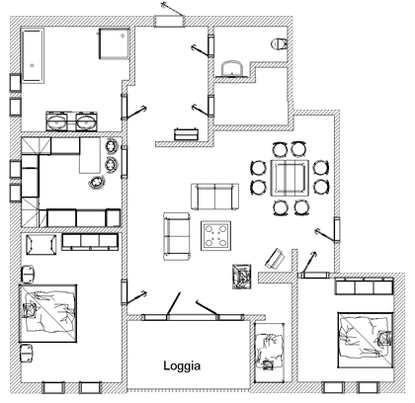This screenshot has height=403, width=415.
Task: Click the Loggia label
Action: (x=182, y=365)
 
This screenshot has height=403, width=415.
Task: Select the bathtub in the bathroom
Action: (x=33, y=55)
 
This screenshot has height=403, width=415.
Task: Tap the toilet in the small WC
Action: (x=279, y=43)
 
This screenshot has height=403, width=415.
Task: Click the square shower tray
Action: (x=114, y=43)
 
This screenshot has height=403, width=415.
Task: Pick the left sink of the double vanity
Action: (x=56, y=121)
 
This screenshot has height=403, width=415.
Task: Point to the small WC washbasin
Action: (x=233, y=68)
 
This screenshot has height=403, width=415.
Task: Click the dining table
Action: (x=290, y=178)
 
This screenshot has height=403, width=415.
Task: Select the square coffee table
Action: (x=215, y=235)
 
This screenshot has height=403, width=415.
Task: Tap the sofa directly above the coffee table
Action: (x=214, y=197)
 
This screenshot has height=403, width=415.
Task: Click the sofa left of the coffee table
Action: (x=177, y=236)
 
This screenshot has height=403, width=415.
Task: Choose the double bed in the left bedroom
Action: (x=47, y=313)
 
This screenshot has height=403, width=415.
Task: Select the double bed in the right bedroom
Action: (x=366, y=340)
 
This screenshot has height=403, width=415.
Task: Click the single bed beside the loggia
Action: (x=270, y=352)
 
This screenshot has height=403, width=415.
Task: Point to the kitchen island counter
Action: (x=90, y=155)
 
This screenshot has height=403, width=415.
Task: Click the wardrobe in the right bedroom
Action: (x=365, y=286)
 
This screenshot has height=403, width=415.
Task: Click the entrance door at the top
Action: (x=169, y=21)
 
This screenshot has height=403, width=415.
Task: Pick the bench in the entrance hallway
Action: (x=187, y=134)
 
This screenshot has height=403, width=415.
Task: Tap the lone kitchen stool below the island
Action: (x=97, y=182)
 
